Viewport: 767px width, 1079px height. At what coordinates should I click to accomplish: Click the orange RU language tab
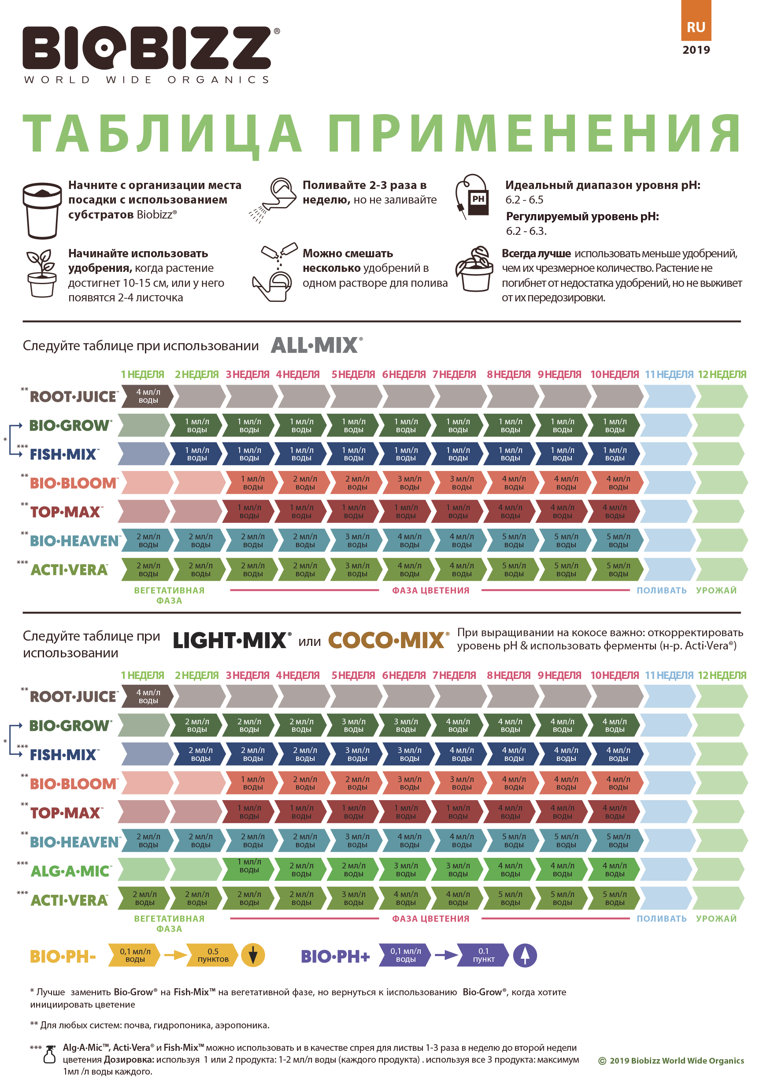pyautogui.click(x=696, y=20)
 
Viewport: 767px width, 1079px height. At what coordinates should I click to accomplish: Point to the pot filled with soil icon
pyautogui.click(x=42, y=211)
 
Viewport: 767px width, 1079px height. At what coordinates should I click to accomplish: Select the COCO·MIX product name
pyautogui.click(x=388, y=640)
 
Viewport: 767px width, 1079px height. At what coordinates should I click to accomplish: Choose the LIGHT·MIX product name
pyautogui.click(x=232, y=640)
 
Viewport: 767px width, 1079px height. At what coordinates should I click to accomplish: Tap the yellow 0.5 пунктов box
pyautogui.click(x=212, y=955)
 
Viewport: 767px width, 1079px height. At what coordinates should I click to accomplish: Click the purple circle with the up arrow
pyautogui.click(x=525, y=955)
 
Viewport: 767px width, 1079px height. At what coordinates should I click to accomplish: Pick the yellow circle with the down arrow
pyautogui.click(x=253, y=955)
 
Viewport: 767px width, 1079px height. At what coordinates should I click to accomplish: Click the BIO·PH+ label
pyautogui.click(x=335, y=956)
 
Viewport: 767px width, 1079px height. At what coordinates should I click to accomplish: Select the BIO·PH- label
pyautogui.click(x=63, y=956)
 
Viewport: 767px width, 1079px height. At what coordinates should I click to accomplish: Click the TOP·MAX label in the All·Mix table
pyautogui.click(x=66, y=512)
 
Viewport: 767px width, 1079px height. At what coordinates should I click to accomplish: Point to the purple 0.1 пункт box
pyautogui.click(x=483, y=955)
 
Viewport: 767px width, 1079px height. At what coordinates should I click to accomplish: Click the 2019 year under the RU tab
pyautogui.click(x=696, y=50)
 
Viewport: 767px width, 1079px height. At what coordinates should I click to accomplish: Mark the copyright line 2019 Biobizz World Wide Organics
pyautogui.click(x=671, y=1060)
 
